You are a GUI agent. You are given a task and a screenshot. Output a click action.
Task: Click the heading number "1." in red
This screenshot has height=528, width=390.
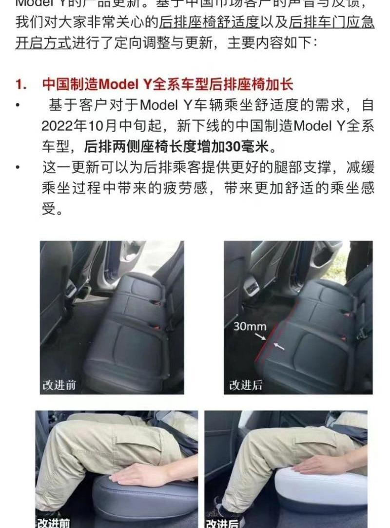[x=20, y=84]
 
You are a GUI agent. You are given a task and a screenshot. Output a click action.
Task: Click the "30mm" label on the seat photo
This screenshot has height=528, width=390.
[x=250, y=327]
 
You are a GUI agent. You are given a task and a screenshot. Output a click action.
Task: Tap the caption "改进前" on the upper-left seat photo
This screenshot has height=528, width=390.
[x=59, y=385]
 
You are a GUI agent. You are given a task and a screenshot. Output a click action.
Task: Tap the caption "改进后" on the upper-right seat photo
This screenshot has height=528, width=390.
[x=246, y=385]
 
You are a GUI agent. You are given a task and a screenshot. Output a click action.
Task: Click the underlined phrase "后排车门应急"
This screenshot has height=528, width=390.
[x=331, y=22]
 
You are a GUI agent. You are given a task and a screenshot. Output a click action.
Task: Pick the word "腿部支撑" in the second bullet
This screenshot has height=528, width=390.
[x=284, y=168]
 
